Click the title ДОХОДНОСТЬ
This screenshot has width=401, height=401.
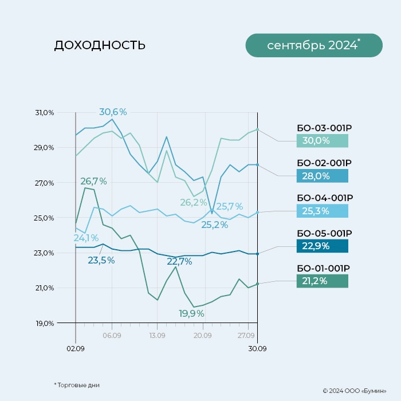(100, 45)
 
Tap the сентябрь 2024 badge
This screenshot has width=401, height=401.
(313, 45)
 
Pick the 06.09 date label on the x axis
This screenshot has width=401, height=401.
(112, 335)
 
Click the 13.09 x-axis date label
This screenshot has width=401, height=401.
(157, 335)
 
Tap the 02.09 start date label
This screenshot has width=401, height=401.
(75, 348)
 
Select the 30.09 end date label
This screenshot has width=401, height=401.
(257, 348)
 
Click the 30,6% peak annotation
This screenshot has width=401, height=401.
(113, 112)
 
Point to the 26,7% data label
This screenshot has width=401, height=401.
(93, 181)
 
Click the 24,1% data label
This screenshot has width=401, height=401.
(86, 238)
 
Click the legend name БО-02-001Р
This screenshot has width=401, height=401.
(324, 163)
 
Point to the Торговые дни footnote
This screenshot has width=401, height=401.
(77, 385)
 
